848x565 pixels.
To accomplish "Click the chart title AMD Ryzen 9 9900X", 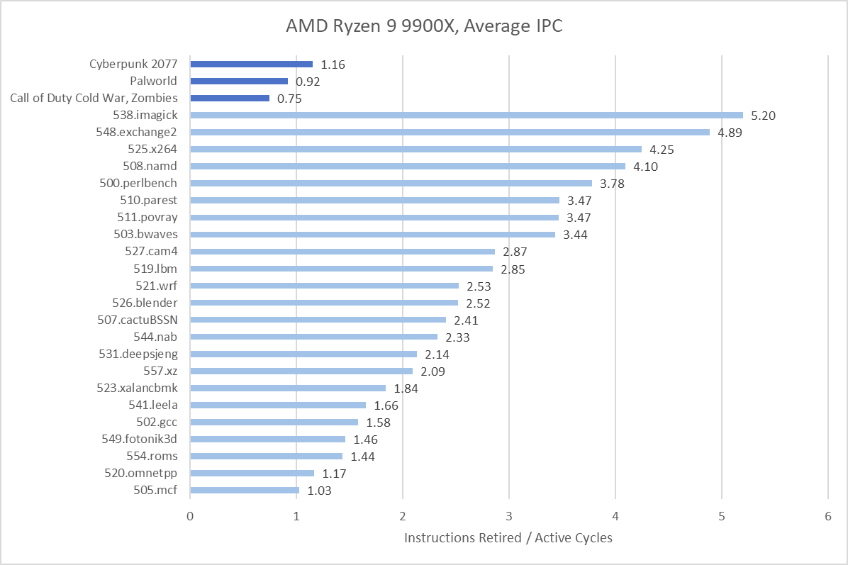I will point(423,26).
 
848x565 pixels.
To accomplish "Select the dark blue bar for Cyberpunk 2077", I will point(251,64).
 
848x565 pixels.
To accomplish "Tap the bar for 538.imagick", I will point(466,115).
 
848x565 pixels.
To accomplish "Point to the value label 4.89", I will point(730,133).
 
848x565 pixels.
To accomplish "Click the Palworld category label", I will point(153,82).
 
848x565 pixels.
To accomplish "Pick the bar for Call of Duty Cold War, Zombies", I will point(230,98).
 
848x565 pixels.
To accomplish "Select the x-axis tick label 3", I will point(509,517).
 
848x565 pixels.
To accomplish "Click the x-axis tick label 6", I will point(828,517).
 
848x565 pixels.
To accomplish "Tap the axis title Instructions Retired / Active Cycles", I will point(508,538).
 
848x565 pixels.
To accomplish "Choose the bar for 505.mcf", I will point(245,490).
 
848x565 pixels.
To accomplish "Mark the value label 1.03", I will point(319,491).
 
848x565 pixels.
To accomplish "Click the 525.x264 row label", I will point(149,150).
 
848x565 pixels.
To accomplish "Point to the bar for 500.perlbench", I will point(391,183).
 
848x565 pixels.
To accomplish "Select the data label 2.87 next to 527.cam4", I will point(515,252).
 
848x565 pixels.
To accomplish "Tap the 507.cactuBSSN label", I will point(137,320).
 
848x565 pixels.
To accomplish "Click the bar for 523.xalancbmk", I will point(288,388).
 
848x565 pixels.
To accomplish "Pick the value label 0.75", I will point(289,99).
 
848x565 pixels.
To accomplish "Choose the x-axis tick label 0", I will point(190,517).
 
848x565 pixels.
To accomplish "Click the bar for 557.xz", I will point(301,371).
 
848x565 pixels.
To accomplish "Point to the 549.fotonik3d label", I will point(140,439).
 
